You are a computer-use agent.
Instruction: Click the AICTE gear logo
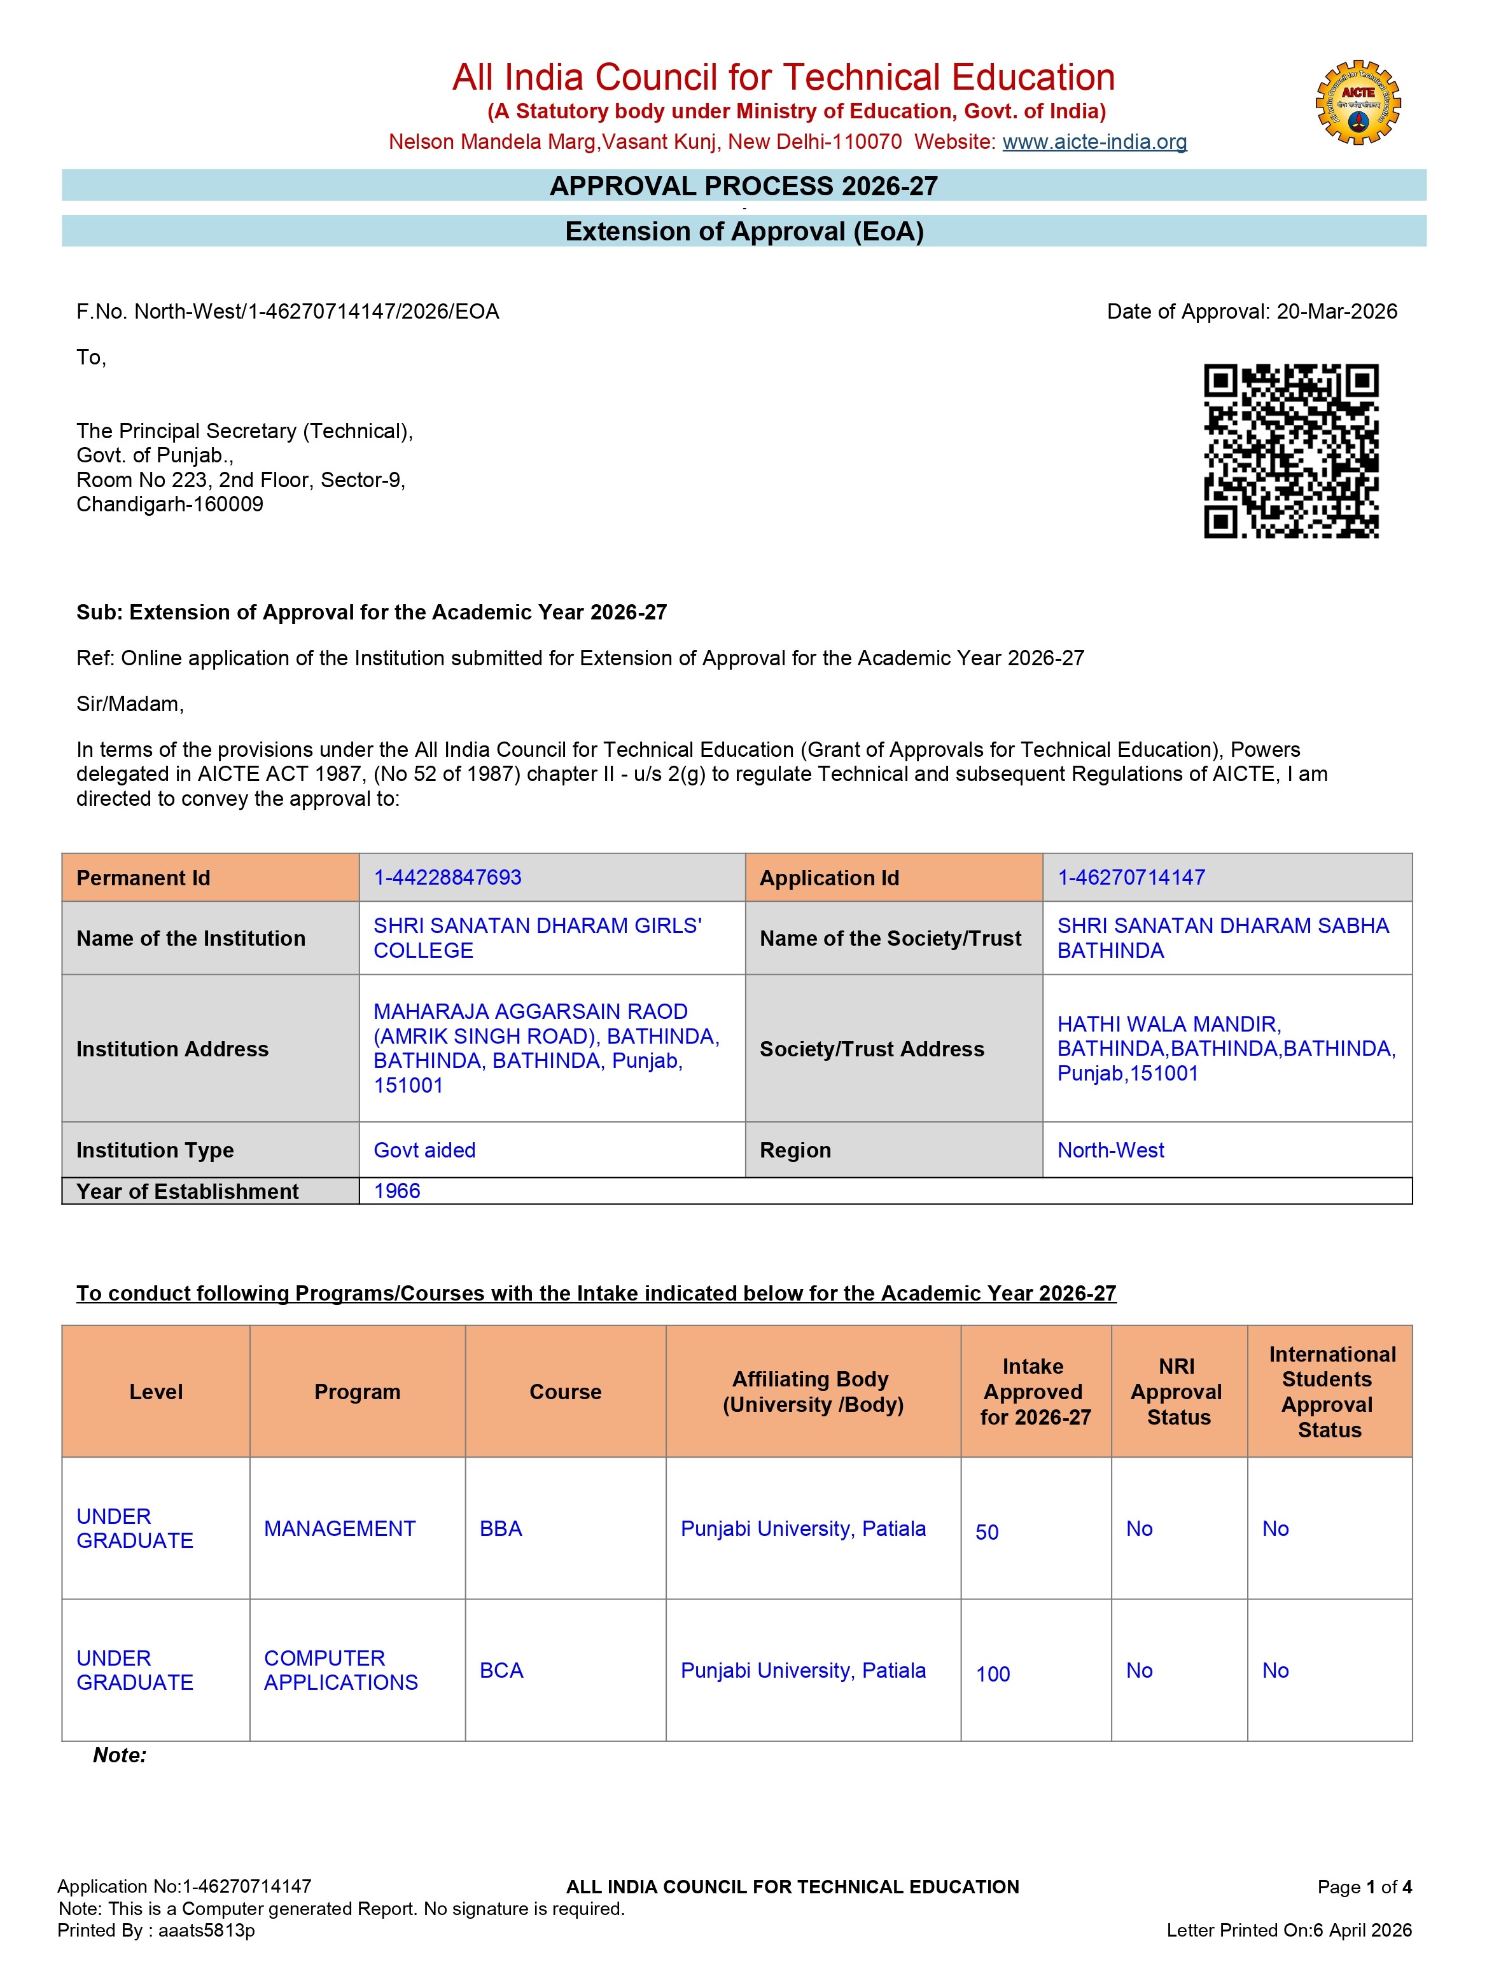click(x=1357, y=103)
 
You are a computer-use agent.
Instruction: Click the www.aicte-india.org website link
click(x=1094, y=142)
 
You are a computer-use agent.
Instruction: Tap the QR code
click(x=1290, y=451)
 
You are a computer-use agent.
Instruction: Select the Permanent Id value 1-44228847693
click(x=447, y=878)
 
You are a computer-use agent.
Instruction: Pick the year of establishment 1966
click(x=396, y=1191)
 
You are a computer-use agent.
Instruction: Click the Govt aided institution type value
click(x=424, y=1150)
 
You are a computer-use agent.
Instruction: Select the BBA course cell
click(x=501, y=1529)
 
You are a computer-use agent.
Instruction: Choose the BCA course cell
click(x=501, y=1671)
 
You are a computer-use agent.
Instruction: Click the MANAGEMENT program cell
click(x=340, y=1529)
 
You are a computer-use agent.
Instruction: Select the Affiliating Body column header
click(x=813, y=1392)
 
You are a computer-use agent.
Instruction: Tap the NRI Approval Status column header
click(x=1177, y=1392)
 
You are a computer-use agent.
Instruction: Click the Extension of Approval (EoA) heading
click(x=744, y=232)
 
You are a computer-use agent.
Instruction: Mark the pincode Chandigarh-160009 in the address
click(x=170, y=505)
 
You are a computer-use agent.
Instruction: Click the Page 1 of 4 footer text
click(x=1364, y=1886)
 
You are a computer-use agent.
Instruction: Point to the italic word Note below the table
click(x=119, y=1755)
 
